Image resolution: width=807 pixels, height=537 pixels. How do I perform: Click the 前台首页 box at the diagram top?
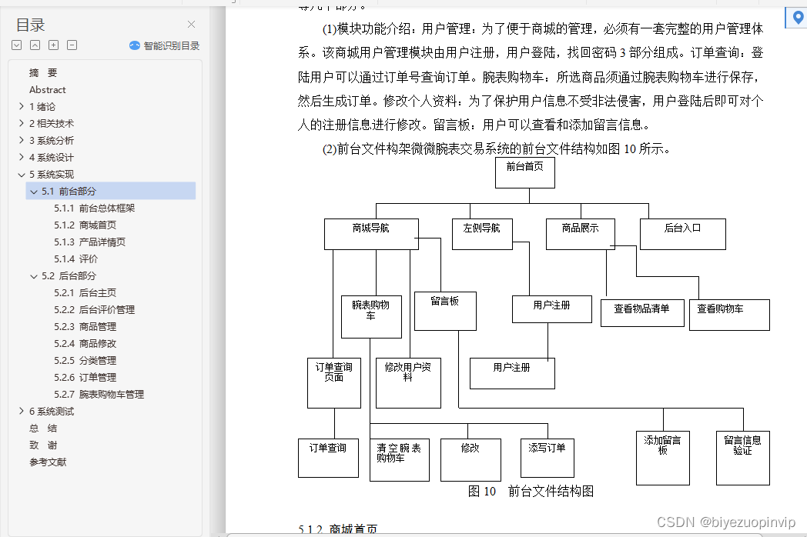tap(524, 172)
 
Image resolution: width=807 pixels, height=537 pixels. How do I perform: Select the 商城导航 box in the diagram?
tap(370, 234)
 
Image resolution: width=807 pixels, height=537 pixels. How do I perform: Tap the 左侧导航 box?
tap(482, 234)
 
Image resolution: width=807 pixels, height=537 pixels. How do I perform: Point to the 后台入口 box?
tap(682, 234)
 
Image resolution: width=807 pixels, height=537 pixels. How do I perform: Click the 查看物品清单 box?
tap(641, 312)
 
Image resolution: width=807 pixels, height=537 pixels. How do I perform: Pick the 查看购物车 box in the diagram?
tap(728, 315)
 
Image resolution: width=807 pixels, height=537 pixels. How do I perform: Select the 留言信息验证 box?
tap(742, 457)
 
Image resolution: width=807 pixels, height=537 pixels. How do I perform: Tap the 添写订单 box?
tap(547, 459)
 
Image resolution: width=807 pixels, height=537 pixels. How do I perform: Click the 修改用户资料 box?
tap(408, 382)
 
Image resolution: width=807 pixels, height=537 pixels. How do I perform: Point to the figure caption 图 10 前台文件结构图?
tap(531, 492)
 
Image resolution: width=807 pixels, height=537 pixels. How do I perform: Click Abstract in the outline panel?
tap(48, 90)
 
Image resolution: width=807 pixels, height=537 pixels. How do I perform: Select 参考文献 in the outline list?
tap(48, 462)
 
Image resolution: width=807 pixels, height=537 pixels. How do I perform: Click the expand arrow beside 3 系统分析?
tap(21, 141)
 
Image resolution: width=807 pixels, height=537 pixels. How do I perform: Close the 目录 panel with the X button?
tap(191, 25)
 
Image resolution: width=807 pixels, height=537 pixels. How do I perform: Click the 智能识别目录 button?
tap(165, 46)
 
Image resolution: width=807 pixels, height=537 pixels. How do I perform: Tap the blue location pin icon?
tap(796, 16)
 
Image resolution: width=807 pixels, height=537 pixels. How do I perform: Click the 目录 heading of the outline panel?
tap(31, 25)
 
